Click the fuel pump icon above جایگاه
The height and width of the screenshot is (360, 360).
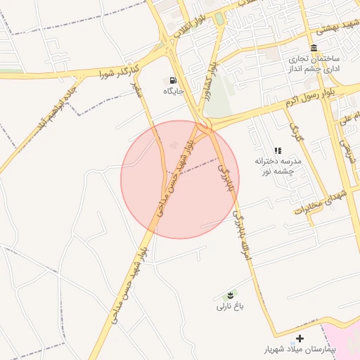pos(174,80)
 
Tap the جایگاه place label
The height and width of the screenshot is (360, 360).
pos(174,91)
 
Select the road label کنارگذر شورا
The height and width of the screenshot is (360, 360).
pos(116,69)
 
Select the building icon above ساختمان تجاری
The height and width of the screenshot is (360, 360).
pos(313,47)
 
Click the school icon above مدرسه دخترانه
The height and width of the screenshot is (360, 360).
pos(278,150)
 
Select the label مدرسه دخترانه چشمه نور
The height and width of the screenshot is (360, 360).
pos(278,166)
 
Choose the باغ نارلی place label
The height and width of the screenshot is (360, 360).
pos(230,307)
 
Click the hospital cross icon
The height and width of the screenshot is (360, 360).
pos(300,339)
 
